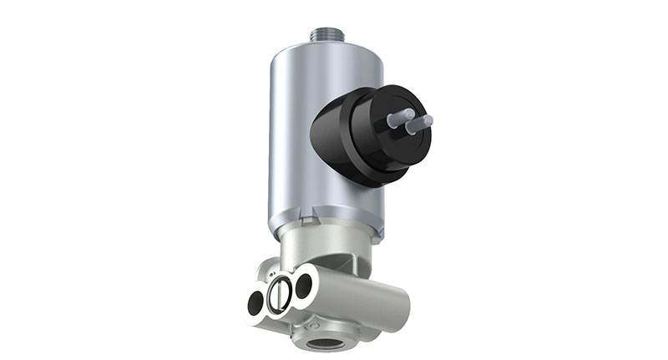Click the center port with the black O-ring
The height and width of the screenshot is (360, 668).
pos(280,292)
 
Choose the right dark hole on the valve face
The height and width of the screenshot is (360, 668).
pos(303,284)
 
